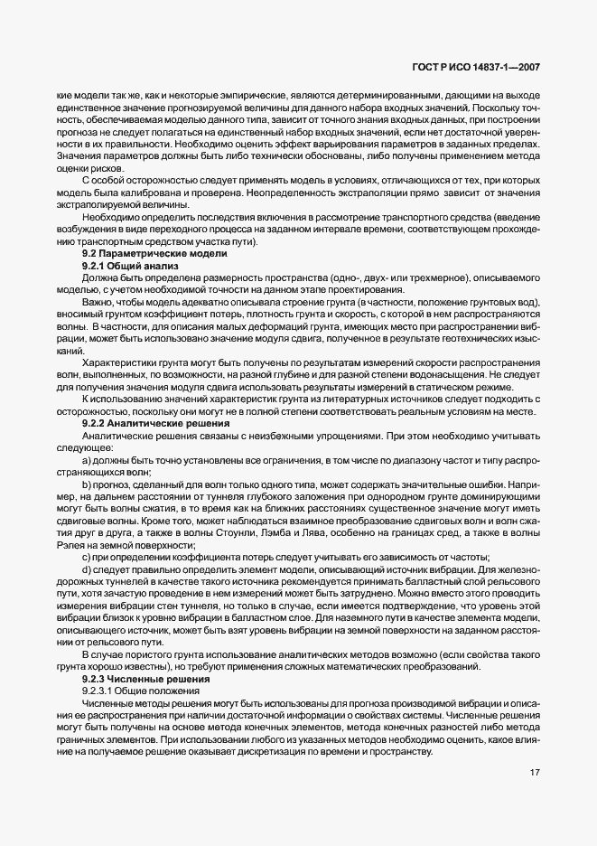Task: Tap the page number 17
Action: click(533, 773)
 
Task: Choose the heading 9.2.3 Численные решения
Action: click(135, 678)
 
